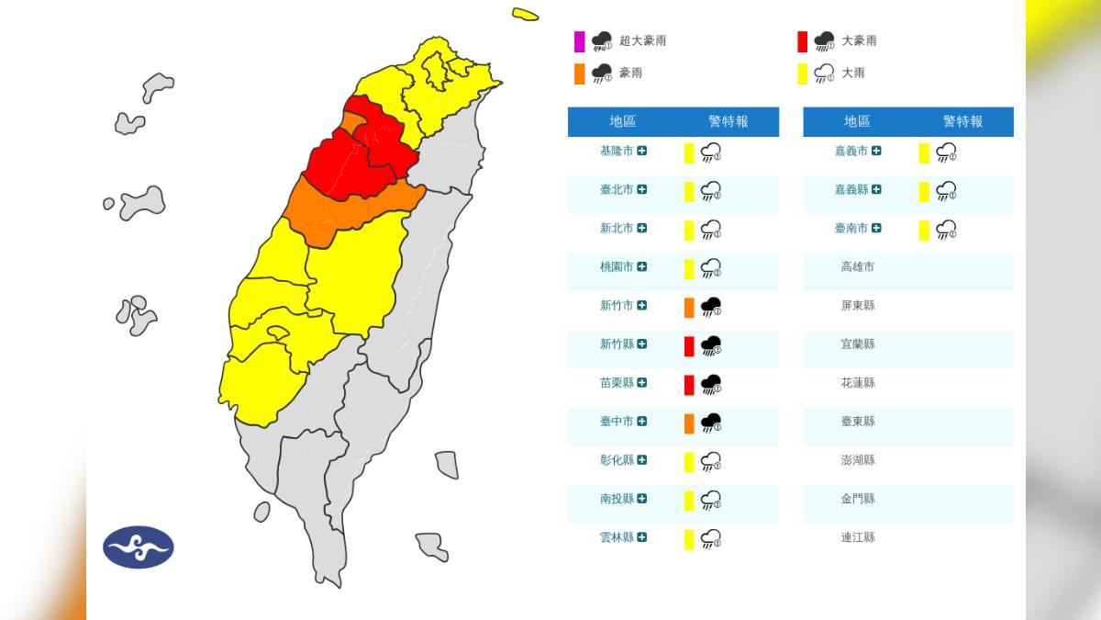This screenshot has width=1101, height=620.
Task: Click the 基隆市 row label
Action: coord(616,152)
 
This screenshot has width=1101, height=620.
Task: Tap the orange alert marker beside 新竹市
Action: coord(689,307)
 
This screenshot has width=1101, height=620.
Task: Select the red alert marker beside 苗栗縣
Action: coord(689,384)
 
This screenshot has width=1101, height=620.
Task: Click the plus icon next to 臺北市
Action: coord(642,190)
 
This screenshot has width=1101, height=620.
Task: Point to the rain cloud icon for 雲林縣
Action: coord(710,539)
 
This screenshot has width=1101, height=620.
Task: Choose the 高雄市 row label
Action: coord(857,267)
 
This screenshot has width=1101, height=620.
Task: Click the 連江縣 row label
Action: coord(857,537)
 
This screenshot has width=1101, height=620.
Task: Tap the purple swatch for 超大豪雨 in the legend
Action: coord(579,41)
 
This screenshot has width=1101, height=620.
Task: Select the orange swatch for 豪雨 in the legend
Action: coord(579,73)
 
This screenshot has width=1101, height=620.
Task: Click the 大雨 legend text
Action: coord(852,73)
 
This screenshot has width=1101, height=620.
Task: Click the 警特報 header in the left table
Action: coord(728,121)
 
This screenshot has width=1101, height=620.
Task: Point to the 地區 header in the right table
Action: coord(857,121)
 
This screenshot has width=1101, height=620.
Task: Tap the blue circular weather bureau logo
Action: coord(138,547)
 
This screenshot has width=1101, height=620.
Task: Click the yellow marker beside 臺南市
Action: coord(924,230)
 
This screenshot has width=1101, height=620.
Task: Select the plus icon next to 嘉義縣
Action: coord(876,190)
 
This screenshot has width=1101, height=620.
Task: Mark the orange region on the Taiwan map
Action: coord(349,213)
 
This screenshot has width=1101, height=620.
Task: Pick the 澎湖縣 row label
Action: coord(857,460)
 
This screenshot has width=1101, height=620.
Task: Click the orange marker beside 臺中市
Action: coord(689,423)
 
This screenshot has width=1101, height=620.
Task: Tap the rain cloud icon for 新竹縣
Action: coord(710,346)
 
